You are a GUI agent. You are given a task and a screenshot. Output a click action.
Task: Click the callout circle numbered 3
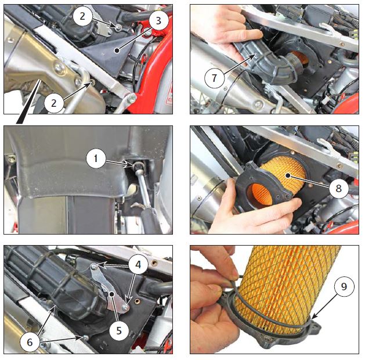158,21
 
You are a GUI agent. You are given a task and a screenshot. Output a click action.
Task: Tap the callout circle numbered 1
96,159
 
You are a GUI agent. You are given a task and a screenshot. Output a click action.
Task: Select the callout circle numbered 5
119,330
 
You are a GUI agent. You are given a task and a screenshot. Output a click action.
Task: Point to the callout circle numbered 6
30,342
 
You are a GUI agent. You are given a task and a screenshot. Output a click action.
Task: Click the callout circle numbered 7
214,78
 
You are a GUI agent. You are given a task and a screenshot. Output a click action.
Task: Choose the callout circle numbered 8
338,188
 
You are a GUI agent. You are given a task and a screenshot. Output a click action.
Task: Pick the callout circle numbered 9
344,287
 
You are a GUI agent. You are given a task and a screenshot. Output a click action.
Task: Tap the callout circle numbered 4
138,264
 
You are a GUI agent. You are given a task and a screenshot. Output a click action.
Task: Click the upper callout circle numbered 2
82,16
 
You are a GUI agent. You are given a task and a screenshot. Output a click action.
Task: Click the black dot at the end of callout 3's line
118,50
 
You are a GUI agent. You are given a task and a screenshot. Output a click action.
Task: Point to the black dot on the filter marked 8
288,175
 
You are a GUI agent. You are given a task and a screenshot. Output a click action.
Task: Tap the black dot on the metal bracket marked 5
112,294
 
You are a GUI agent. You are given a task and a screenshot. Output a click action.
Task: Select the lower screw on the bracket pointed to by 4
126,308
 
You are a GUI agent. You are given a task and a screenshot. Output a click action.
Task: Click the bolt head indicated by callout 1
137,165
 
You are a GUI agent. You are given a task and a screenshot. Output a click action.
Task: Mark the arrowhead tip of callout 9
312,319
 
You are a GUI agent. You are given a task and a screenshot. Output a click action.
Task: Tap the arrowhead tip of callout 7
256,54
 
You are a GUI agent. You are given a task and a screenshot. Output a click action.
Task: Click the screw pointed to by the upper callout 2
119,28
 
